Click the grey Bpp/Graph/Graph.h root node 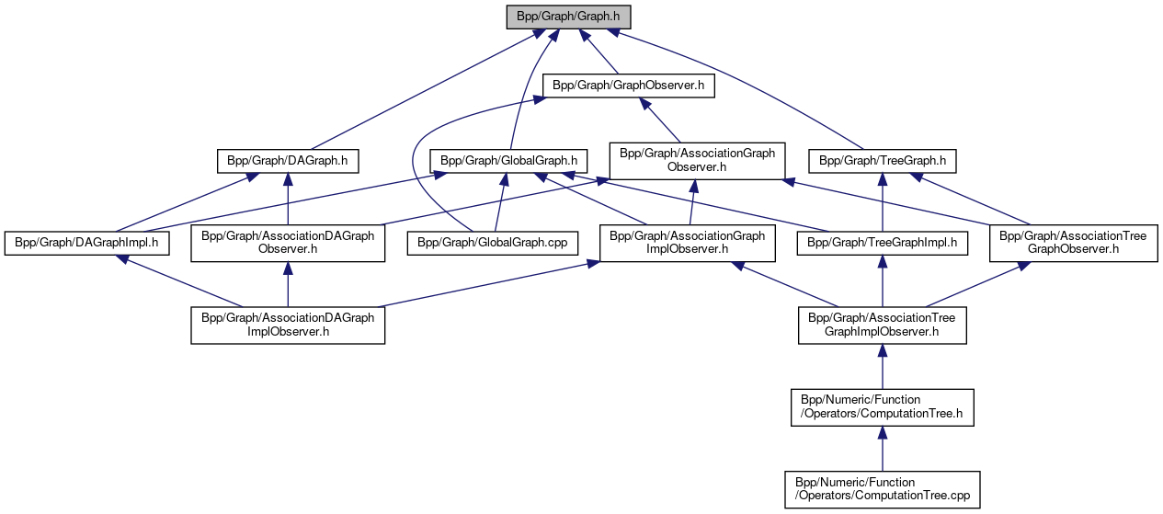tap(568, 17)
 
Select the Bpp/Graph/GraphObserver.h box tap(629, 86)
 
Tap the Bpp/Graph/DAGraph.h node tap(287, 161)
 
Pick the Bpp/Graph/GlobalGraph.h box tap(508, 161)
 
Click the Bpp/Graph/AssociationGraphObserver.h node tap(697, 160)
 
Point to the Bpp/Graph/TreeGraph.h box tap(883, 161)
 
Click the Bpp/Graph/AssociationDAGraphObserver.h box tap(287, 244)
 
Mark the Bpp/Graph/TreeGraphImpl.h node tap(883, 244)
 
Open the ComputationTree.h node tap(882, 407)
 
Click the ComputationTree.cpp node tap(882, 489)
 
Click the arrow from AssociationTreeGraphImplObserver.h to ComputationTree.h tap(882, 367)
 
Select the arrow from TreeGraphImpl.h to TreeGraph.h tap(883, 202)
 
